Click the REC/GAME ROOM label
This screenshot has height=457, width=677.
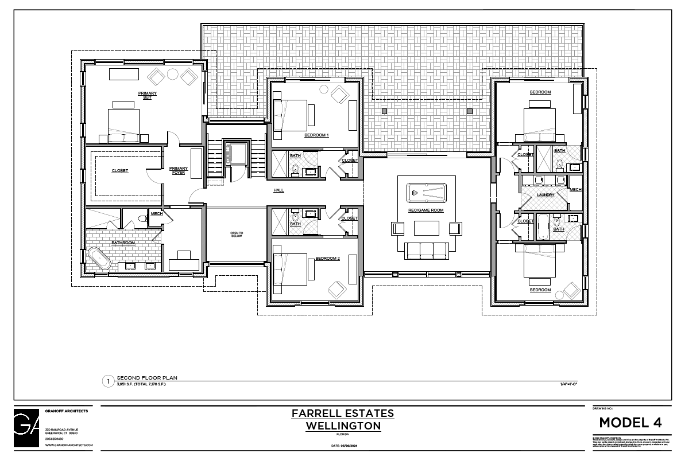coord(427,210)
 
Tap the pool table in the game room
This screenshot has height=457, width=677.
coord(427,192)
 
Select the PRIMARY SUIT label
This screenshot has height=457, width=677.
coord(147,95)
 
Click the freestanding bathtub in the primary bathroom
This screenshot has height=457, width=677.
coord(99,259)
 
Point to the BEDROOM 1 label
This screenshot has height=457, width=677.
coord(316,135)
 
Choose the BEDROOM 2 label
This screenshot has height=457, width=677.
coord(327,258)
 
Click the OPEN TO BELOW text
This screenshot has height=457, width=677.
coord(237,234)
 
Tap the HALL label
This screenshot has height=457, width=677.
coord(278,190)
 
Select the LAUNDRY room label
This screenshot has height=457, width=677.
coord(545,195)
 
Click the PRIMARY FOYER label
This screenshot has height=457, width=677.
coord(179,170)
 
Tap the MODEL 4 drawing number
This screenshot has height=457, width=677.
coord(630,423)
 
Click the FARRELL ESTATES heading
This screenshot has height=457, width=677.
coord(342,413)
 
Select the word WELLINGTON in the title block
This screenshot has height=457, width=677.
coord(343,426)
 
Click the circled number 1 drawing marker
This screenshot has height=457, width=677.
coord(107,381)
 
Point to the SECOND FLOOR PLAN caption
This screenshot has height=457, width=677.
coord(147,378)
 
